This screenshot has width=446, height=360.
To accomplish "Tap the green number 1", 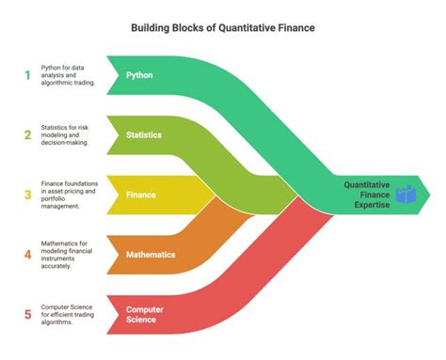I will (28, 74).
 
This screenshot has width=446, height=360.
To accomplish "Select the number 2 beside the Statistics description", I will (28, 134).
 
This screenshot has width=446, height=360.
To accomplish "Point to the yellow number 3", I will (28, 195).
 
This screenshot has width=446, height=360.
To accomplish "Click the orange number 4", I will (28, 255).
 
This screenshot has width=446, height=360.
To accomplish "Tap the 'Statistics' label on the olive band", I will (145, 134).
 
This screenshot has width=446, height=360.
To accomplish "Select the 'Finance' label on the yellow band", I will (141, 195).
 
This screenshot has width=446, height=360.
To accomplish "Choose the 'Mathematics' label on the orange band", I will (150, 254).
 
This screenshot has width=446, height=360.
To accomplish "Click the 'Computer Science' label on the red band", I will (144, 314).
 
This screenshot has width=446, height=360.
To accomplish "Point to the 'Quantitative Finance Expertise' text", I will (367, 195).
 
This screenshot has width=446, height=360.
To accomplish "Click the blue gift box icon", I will (405, 195).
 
